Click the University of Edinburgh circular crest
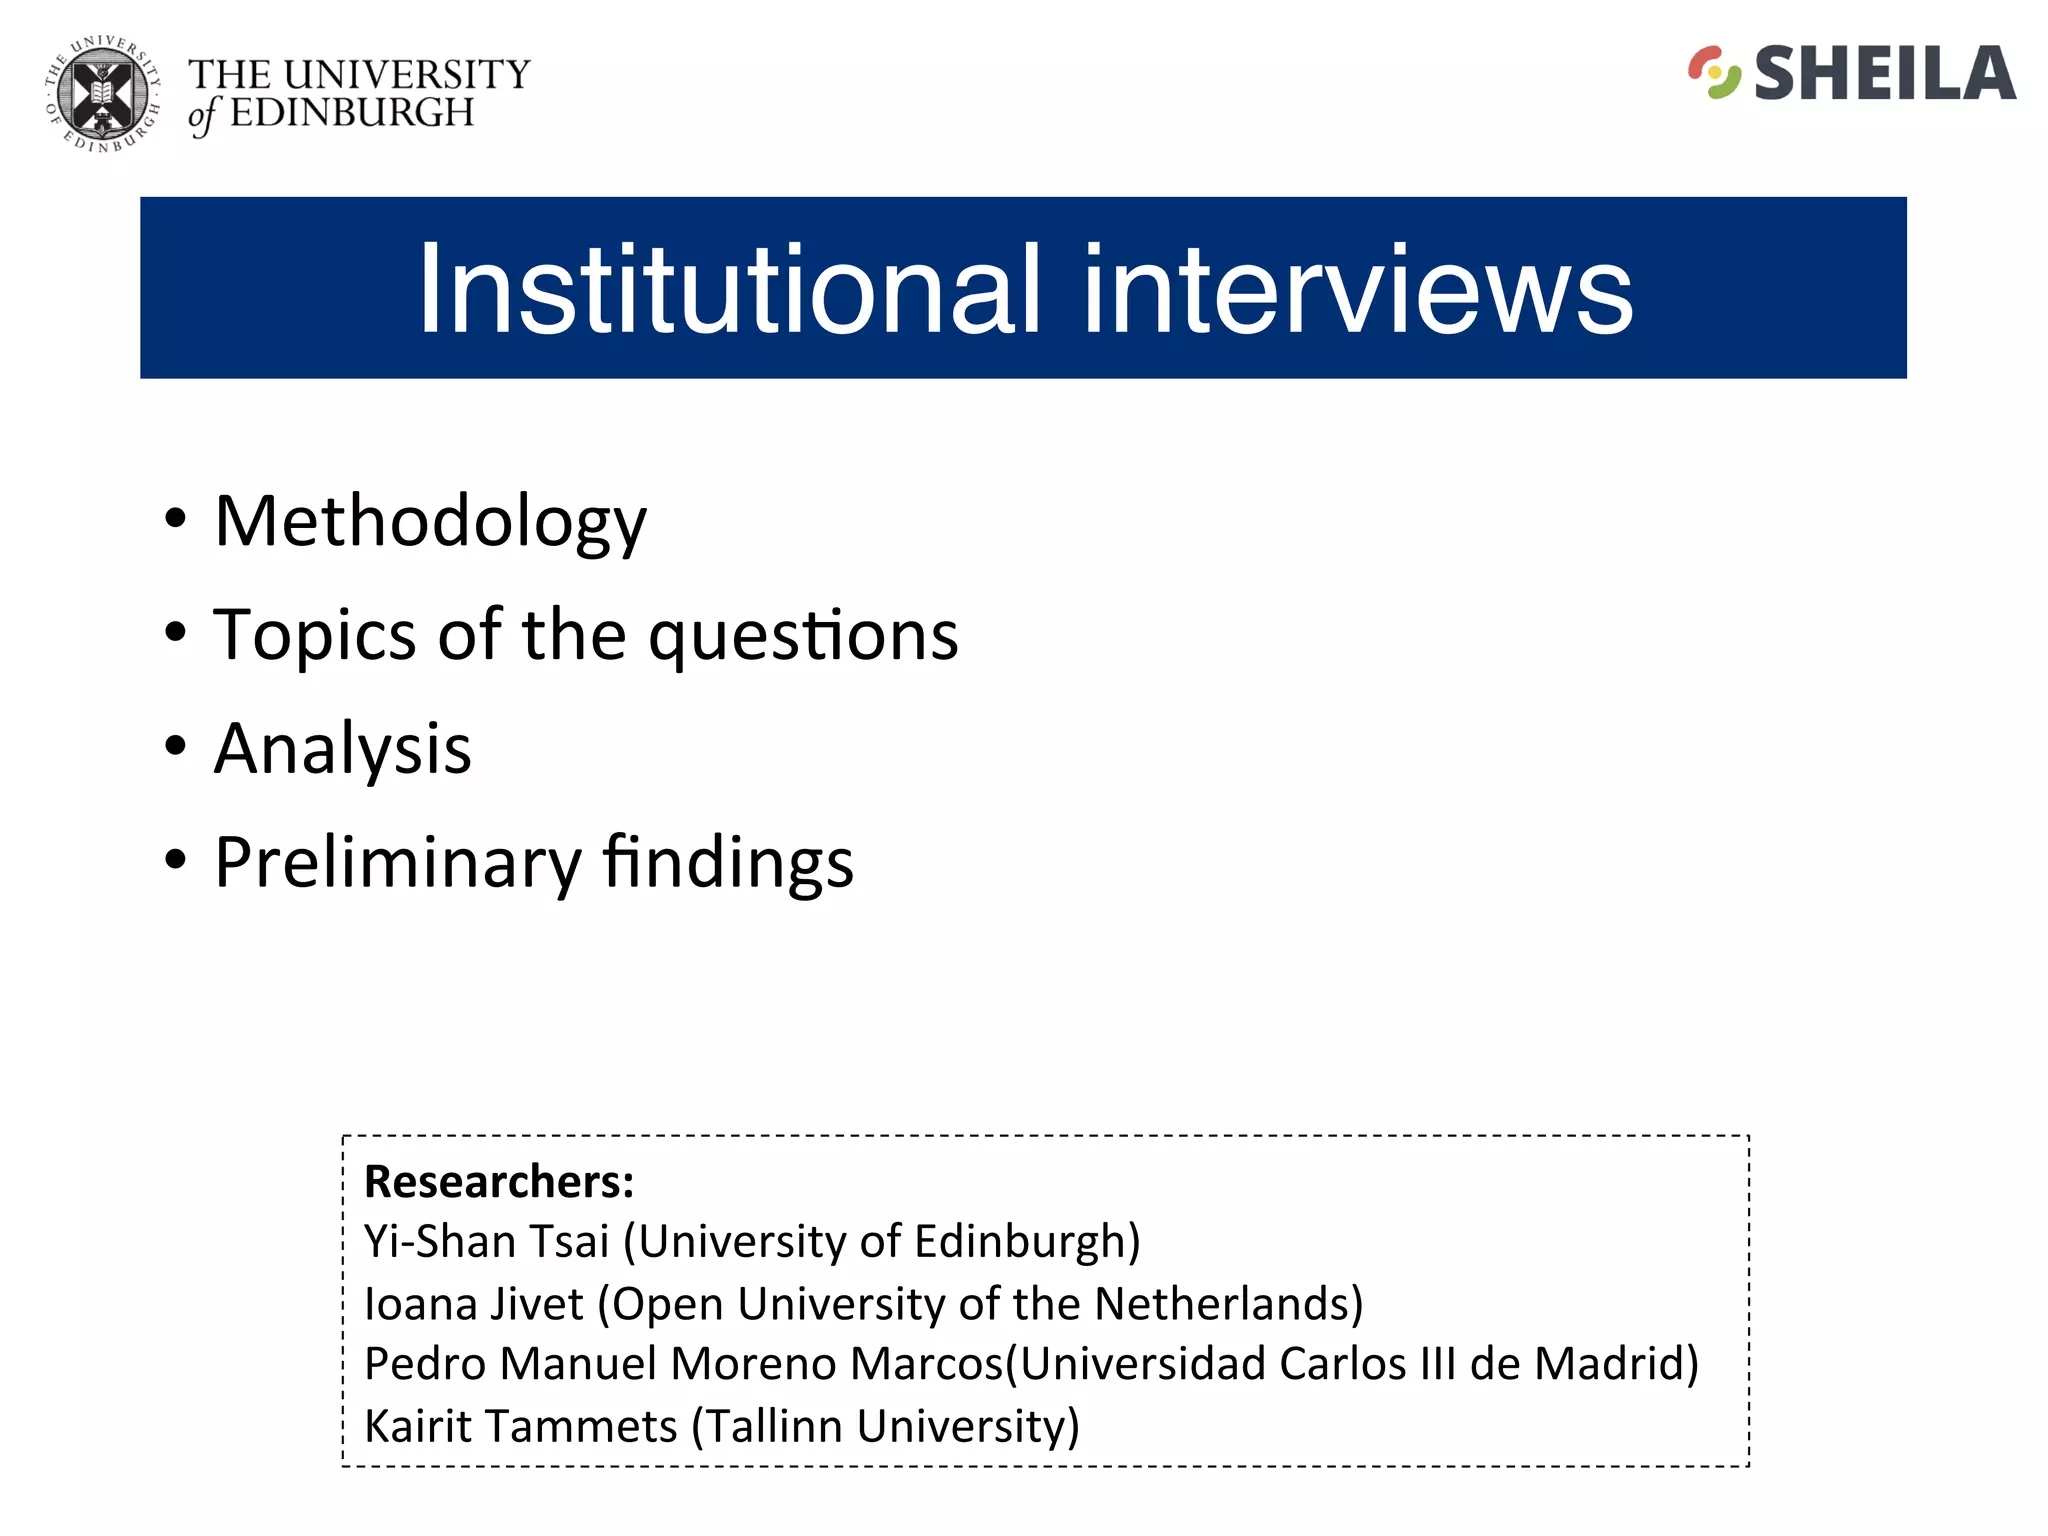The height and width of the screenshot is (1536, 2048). tap(103, 95)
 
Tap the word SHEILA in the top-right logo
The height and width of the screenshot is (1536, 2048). tap(1884, 74)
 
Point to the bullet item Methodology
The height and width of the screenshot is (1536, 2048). tap(430, 522)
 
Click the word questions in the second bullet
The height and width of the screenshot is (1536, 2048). tap(803, 636)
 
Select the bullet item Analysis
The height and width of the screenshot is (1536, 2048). tap(342, 749)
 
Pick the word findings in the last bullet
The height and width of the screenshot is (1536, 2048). tap(728, 861)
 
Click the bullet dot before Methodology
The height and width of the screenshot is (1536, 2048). tap(176, 518)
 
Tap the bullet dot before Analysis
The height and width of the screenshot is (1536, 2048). tap(176, 745)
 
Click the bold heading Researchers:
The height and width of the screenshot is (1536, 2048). tap(499, 1182)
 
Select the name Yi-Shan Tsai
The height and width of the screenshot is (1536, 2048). tap(486, 1242)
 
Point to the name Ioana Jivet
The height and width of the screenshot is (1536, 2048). tap(473, 1304)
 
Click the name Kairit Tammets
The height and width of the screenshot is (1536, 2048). tap(520, 1426)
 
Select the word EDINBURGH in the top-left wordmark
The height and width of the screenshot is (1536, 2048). tap(352, 113)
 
